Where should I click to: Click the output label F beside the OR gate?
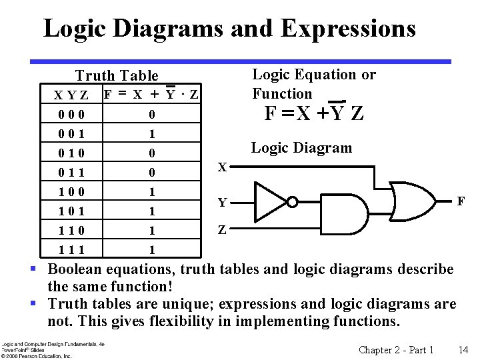(x=460, y=200)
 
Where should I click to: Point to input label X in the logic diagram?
(x=223, y=167)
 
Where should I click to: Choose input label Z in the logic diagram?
(x=223, y=231)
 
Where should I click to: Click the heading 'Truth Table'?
(x=117, y=76)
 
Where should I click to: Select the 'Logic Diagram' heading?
(x=301, y=148)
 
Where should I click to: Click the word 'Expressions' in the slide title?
(x=348, y=29)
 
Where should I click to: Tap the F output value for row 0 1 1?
(x=152, y=173)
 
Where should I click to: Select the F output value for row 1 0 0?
(x=152, y=192)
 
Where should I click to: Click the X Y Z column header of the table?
(x=71, y=96)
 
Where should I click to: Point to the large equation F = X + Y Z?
(x=314, y=113)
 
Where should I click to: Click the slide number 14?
(x=463, y=350)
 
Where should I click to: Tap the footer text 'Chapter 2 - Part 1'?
(x=396, y=350)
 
